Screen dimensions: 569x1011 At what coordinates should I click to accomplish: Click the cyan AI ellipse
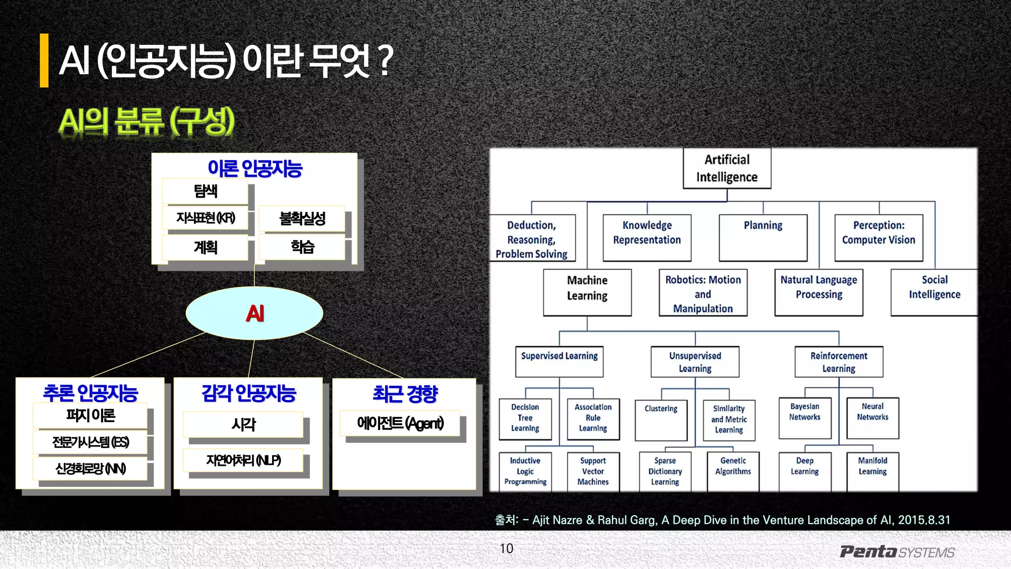254,313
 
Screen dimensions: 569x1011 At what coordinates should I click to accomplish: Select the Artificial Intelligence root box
727,168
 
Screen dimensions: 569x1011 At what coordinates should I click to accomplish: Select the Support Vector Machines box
593,471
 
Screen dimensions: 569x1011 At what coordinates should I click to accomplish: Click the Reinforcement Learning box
839,362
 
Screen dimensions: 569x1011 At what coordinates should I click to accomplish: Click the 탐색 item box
205,191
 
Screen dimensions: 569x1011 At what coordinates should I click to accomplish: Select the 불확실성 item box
302,218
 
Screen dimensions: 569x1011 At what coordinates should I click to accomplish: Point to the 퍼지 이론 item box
90,415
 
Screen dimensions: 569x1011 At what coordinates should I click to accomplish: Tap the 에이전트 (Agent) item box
400,423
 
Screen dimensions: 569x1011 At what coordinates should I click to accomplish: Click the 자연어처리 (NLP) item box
243,460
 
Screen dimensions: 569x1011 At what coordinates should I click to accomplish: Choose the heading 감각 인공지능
248,394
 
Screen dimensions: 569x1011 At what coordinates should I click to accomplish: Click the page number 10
506,549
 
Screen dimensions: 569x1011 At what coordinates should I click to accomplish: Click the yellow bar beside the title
44,60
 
